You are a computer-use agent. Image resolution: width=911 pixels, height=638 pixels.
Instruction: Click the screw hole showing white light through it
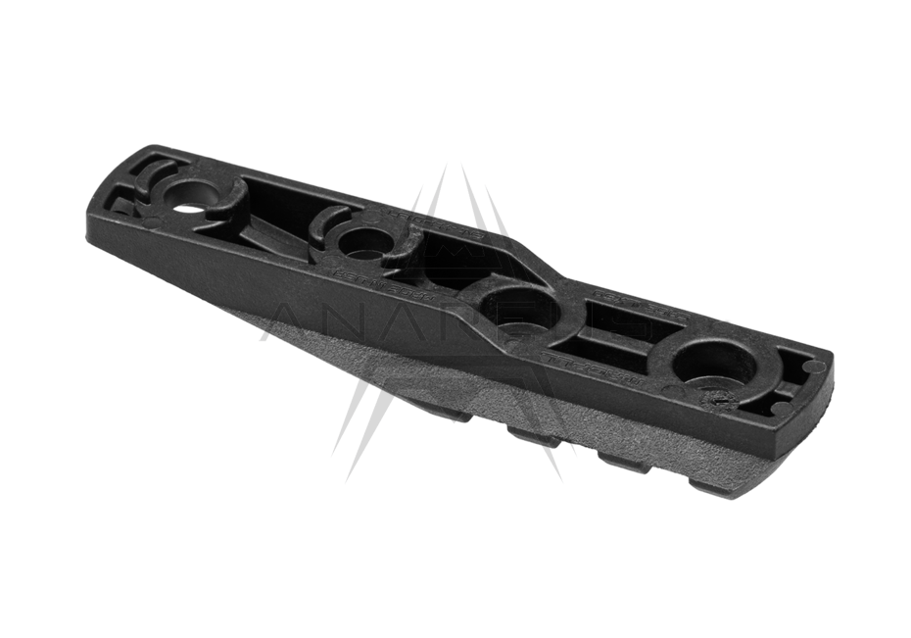pyautogui.click(x=189, y=206)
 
